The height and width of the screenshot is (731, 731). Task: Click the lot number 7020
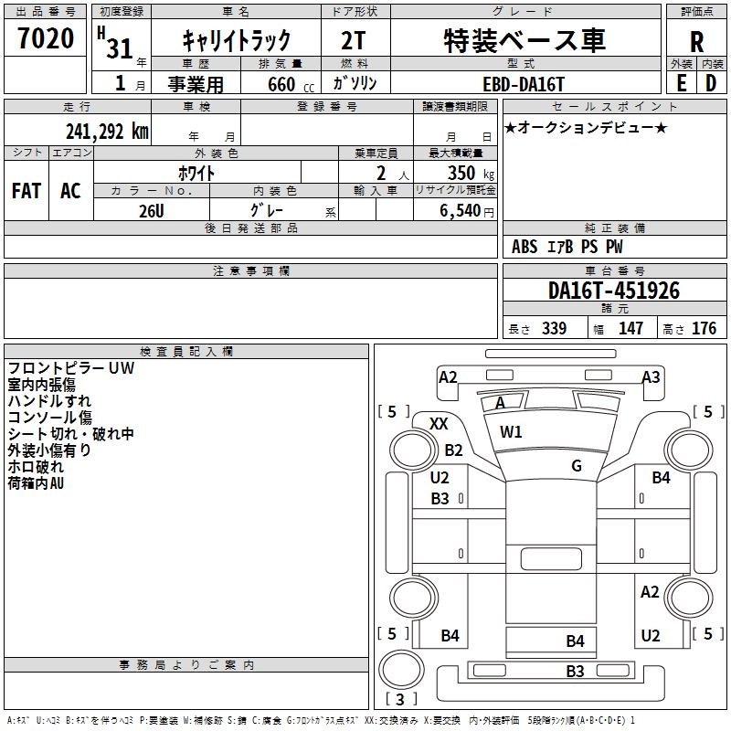[46, 38]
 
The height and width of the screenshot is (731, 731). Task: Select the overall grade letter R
[697, 41]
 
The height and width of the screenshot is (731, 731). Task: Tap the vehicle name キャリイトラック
[237, 39]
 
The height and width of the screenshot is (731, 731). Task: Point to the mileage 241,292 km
[107, 131]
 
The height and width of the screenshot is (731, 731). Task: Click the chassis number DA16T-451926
[614, 291]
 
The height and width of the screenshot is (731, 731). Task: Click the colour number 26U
[151, 210]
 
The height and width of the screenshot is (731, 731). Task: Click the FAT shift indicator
[26, 190]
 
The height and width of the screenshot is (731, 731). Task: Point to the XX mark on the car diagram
[439, 423]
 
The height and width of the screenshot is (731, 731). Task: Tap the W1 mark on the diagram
[511, 431]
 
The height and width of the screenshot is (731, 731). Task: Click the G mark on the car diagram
[577, 465]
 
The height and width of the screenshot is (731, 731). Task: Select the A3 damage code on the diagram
[651, 376]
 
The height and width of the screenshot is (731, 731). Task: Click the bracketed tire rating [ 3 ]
[400, 699]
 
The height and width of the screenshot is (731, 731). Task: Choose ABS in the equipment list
[524, 247]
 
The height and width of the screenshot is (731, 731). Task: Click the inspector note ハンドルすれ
[49, 400]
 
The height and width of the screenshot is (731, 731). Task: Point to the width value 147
[630, 328]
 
